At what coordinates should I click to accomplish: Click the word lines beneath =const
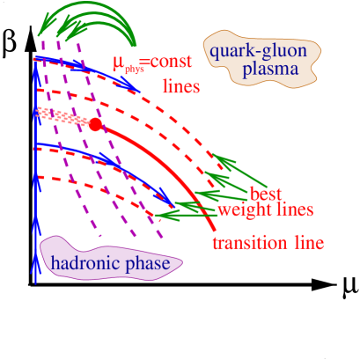[x=181, y=88]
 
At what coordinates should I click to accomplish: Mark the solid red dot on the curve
[x=96, y=125]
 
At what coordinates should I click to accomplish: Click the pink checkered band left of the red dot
[x=62, y=115]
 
